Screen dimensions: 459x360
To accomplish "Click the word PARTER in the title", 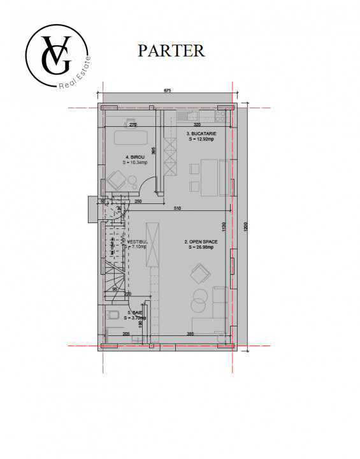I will (x=171, y=50).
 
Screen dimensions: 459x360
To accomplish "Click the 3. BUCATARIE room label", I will (x=201, y=136).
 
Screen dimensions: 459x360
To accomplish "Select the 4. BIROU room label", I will (x=135, y=159).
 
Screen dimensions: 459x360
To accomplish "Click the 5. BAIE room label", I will (x=136, y=315).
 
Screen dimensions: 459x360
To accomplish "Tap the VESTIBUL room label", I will (x=137, y=244).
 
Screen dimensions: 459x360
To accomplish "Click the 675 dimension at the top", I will (x=167, y=91).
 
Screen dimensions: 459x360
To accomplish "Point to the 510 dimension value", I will (x=177, y=208).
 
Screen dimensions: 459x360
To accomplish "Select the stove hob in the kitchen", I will (x=221, y=116).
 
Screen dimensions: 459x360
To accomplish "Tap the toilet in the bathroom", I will (x=112, y=315).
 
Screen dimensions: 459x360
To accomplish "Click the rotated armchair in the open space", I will (x=200, y=275).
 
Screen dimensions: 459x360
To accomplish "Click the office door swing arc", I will (x=148, y=186).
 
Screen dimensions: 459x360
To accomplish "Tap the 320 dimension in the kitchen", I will (x=197, y=125).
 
